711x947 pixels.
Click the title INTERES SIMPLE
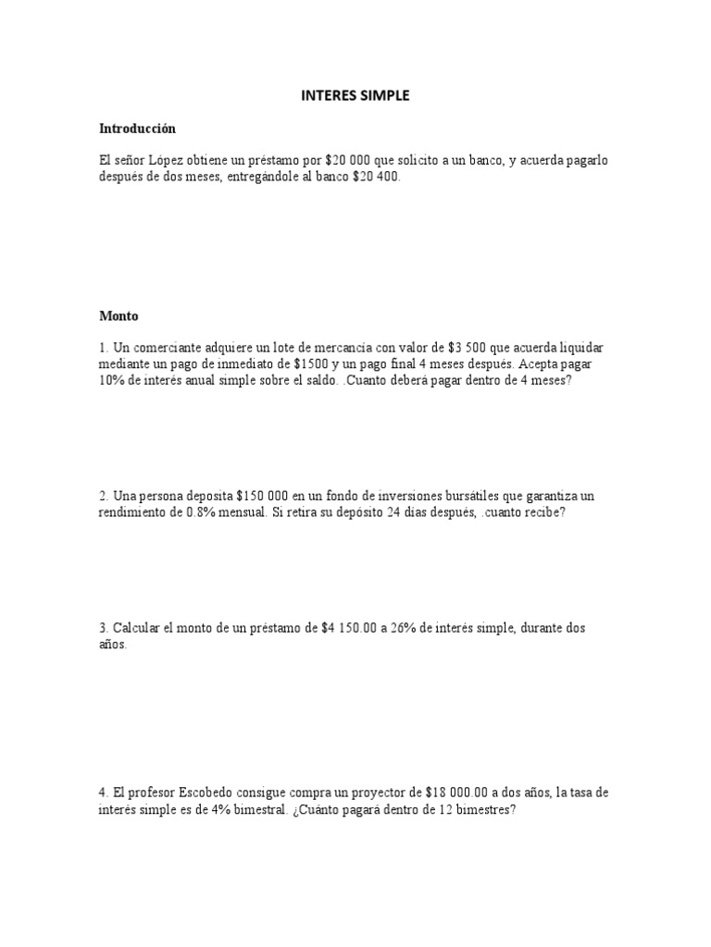tap(355, 95)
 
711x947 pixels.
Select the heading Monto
tap(118, 315)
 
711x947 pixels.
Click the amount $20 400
tap(376, 177)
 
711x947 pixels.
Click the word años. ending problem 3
tap(113, 645)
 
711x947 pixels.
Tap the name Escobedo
tap(195, 793)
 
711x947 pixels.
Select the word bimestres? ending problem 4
tap(480, 809)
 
